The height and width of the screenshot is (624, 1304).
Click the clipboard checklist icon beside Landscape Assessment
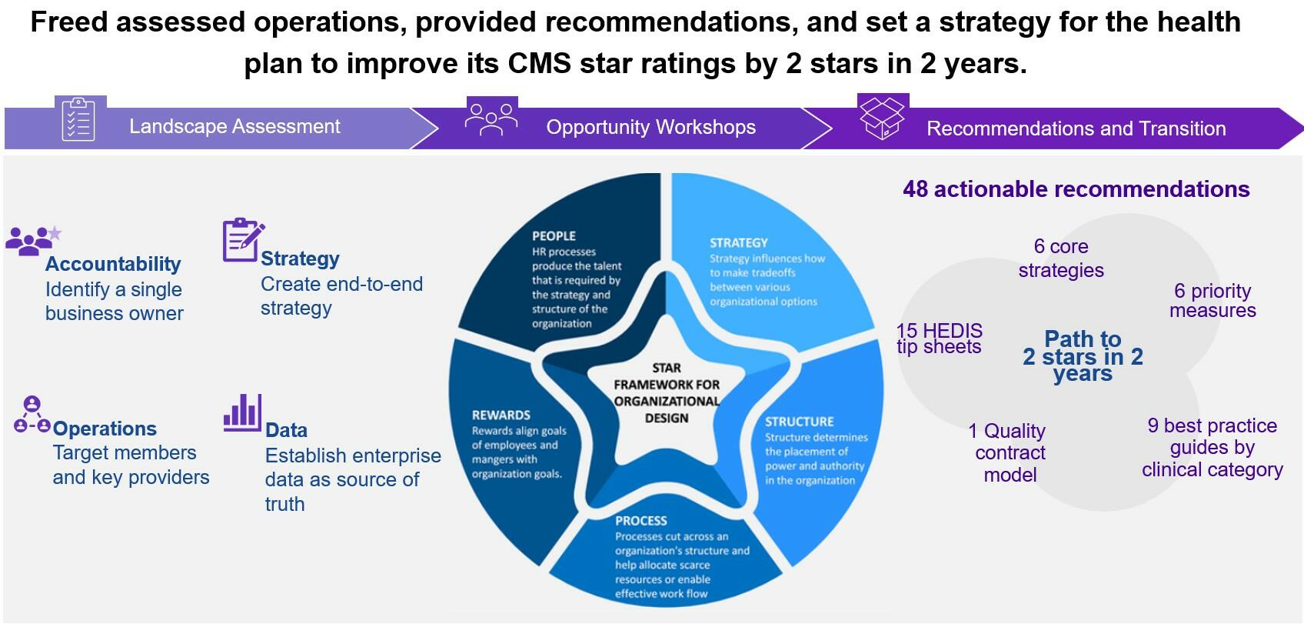(x=78, y=119)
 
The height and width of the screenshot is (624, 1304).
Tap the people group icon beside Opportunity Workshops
(x=491, y=119)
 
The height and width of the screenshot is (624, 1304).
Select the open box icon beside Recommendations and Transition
(x=883, y=118)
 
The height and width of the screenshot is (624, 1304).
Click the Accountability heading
(x=113, y=264)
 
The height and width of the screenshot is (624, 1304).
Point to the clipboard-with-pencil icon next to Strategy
(x=243, y=239)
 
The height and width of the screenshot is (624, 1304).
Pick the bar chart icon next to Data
(x=242, y=412)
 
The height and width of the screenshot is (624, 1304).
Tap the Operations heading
(x=105, y=429)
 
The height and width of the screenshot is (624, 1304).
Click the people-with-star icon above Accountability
(x=33, y=240)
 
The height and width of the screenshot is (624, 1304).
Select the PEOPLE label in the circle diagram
(x=554, y=236)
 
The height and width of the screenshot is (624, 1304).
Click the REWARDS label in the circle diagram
(x=501, y=415)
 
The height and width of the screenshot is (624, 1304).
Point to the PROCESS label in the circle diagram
(x=641, y=520)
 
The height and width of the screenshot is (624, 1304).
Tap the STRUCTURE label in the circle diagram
(x=800, y=421)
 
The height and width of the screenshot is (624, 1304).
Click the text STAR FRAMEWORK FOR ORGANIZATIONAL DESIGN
(x=667, y=392)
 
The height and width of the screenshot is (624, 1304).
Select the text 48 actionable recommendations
(x=1076, y=189)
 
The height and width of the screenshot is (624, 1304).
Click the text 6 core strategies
(x=1061, y=258)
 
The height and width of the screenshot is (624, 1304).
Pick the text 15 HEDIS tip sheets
(x=939, y=339)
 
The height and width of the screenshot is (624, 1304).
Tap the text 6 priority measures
(x=1213, y=300)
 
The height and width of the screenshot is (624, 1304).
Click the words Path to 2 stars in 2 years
(x=1083, y=356)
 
